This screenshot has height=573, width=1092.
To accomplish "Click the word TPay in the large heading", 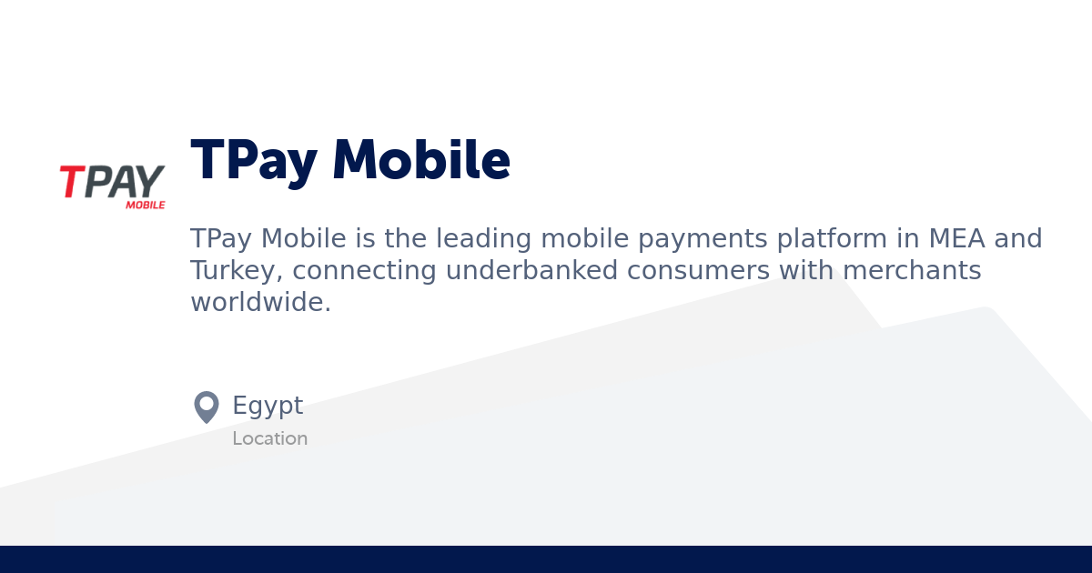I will pos(253,161).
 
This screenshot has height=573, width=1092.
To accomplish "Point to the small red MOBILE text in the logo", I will pos(146,205).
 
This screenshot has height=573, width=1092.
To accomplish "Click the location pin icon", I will pos(207,407).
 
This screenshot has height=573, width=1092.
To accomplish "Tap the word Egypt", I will pos(268,406).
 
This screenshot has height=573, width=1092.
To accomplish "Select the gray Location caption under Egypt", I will pos(269,438).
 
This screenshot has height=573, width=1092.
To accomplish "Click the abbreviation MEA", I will pos(956,238).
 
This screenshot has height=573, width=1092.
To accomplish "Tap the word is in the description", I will pos(365,238).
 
